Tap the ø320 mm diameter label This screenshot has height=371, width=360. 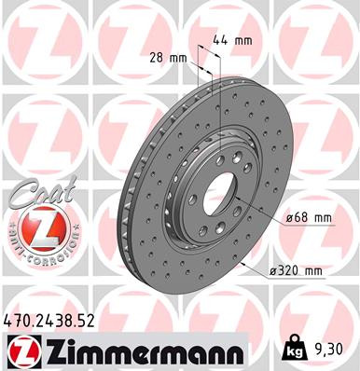(296, 271)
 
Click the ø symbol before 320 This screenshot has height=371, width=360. (271, 271)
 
